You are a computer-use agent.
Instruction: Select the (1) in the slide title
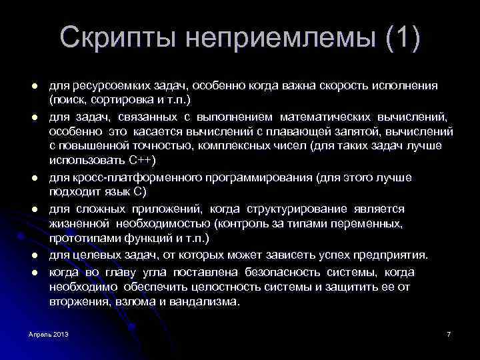click(x=402, y=38)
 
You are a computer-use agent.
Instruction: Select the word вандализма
click(x=206, y=301)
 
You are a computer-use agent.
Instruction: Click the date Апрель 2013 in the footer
click(x=48, y=333)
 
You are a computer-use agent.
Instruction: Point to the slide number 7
click(x=449, y=333)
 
